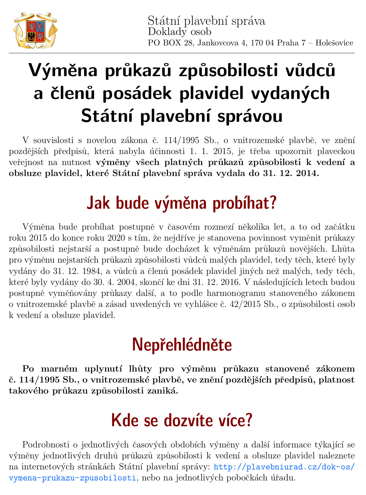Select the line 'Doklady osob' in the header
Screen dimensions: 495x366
click(179, 32)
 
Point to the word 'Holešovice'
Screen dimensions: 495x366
click(334, 43)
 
